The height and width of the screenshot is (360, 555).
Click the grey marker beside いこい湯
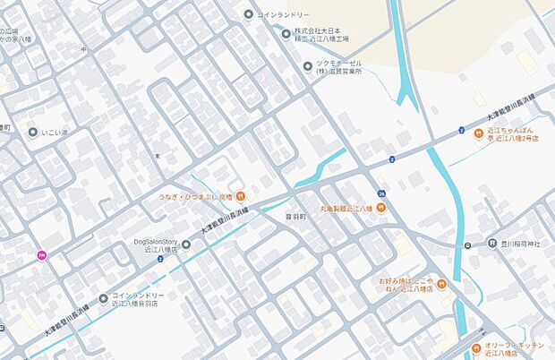coord(33,133)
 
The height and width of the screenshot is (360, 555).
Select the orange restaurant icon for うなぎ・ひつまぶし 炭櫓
coord(243,196)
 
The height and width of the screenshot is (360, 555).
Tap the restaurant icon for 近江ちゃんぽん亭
coord(480,133)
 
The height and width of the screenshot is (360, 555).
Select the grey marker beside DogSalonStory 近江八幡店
coord(186,244)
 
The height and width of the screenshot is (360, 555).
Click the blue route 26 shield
coord(382,194)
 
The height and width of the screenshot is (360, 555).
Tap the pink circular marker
coord(41,256)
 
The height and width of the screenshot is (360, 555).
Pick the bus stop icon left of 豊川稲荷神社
coord(468,244)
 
